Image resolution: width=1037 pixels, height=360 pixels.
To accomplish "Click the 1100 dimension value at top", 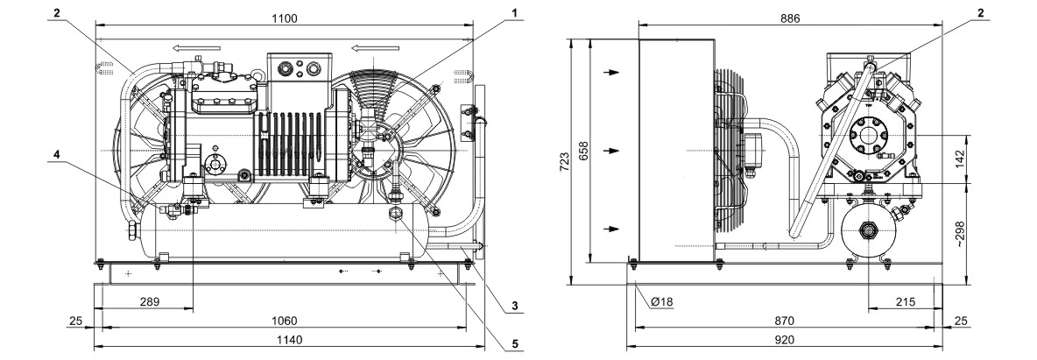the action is (285, 18).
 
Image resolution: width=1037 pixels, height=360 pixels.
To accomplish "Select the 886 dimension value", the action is (790, 18).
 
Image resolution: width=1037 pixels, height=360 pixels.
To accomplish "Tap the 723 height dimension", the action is (563, 161).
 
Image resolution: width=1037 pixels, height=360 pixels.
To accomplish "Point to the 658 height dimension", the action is (582, 152).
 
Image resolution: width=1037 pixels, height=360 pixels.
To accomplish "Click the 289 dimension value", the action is (150, 302).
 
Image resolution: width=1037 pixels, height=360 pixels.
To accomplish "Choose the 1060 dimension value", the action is (285, 321).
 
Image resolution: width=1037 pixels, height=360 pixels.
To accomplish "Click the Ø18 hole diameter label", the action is (661, 302).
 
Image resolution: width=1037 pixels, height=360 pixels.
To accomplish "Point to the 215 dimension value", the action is (905, 302).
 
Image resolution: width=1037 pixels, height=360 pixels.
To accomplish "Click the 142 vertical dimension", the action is (961, 159).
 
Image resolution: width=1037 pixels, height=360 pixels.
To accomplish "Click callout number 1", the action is (513, 12).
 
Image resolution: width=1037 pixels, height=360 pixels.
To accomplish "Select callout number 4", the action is (57, 153).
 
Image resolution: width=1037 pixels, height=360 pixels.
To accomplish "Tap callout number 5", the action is (513, 343).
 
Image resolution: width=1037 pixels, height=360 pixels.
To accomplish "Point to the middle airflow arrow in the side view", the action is (614, 151).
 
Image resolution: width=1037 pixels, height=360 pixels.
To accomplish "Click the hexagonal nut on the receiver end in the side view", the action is (865, 231).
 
